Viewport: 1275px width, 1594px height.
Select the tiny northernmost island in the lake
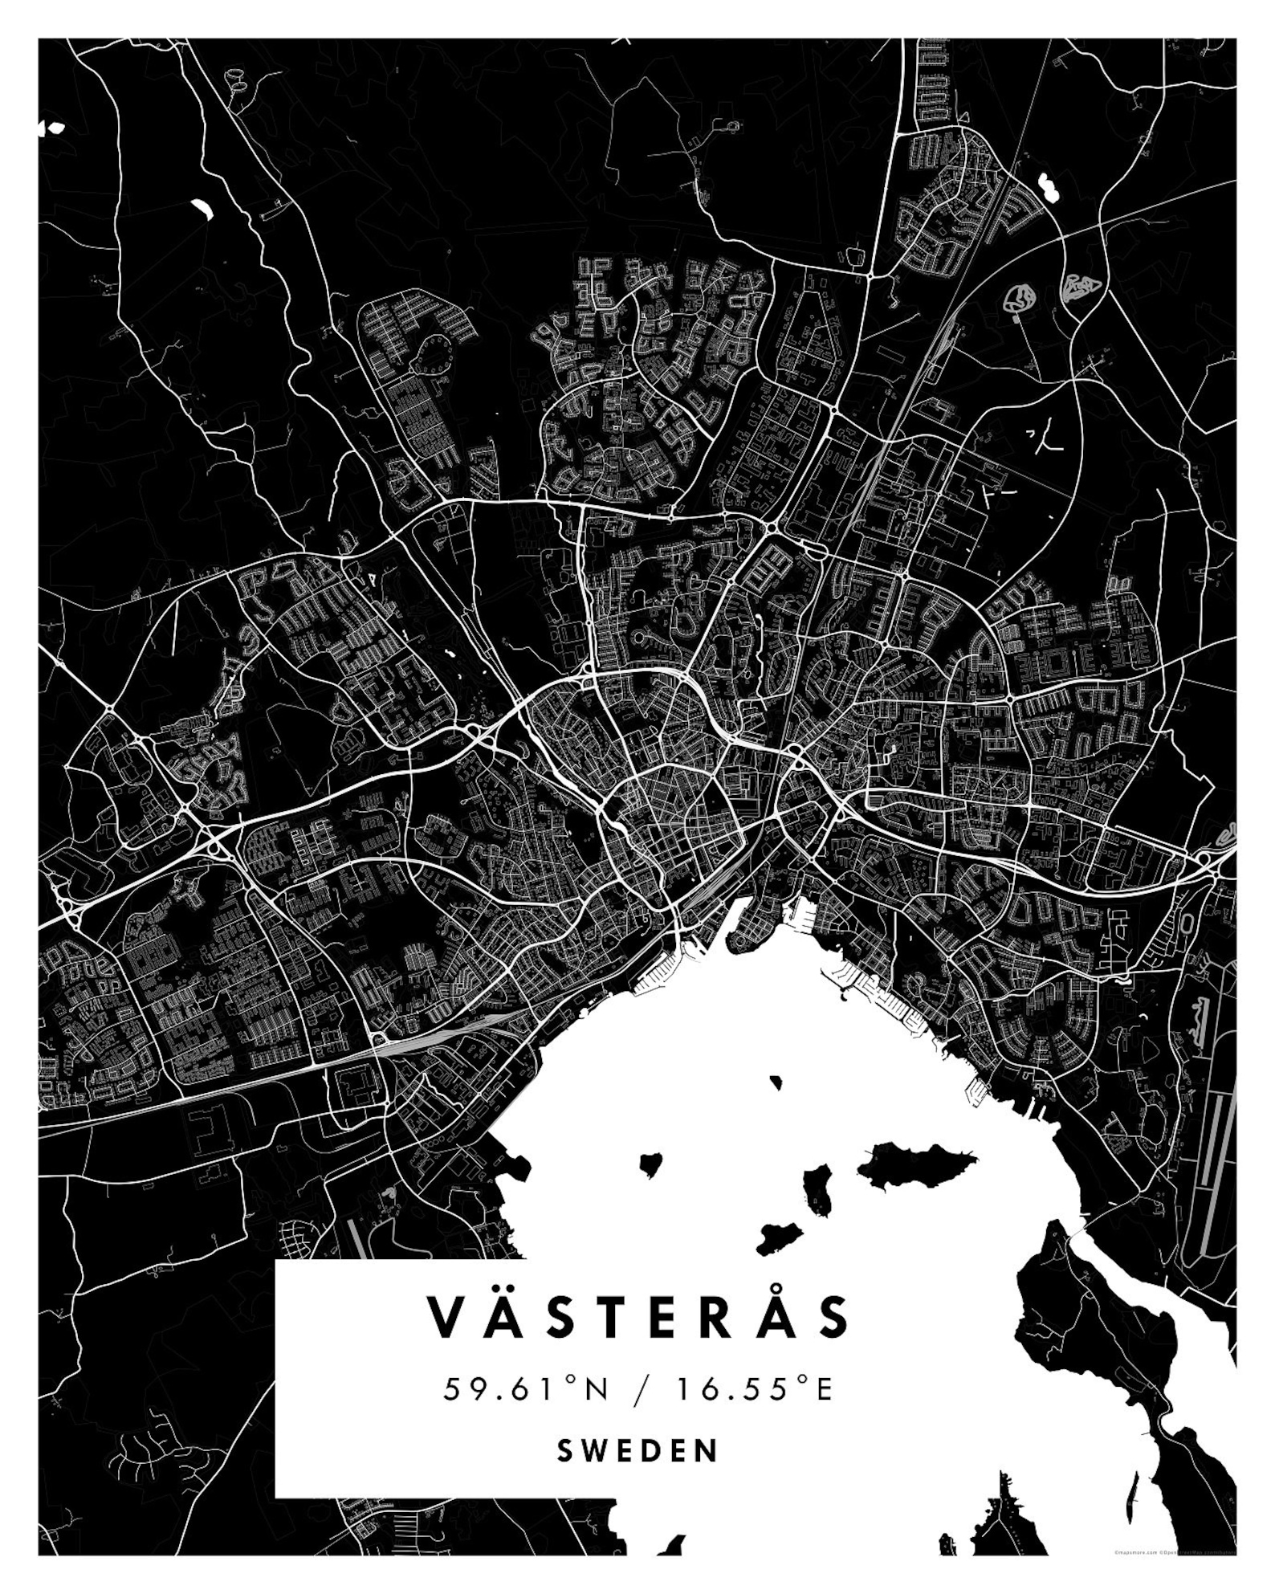(776, 1082)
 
